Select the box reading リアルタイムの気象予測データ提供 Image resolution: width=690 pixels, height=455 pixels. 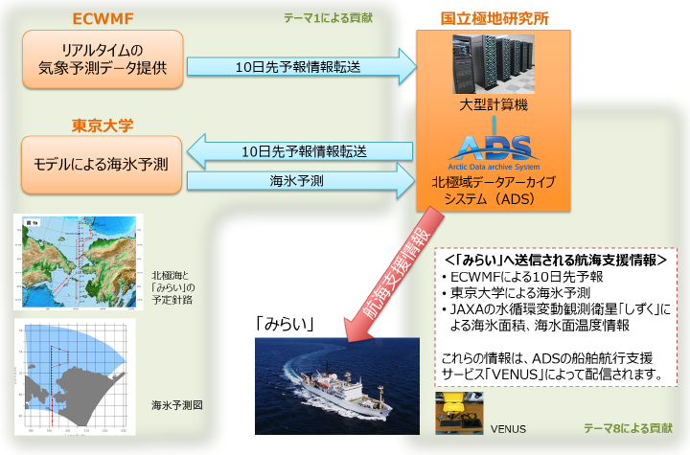(x=101, y=57)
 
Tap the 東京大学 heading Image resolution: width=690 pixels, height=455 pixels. (x=101, y=125)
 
